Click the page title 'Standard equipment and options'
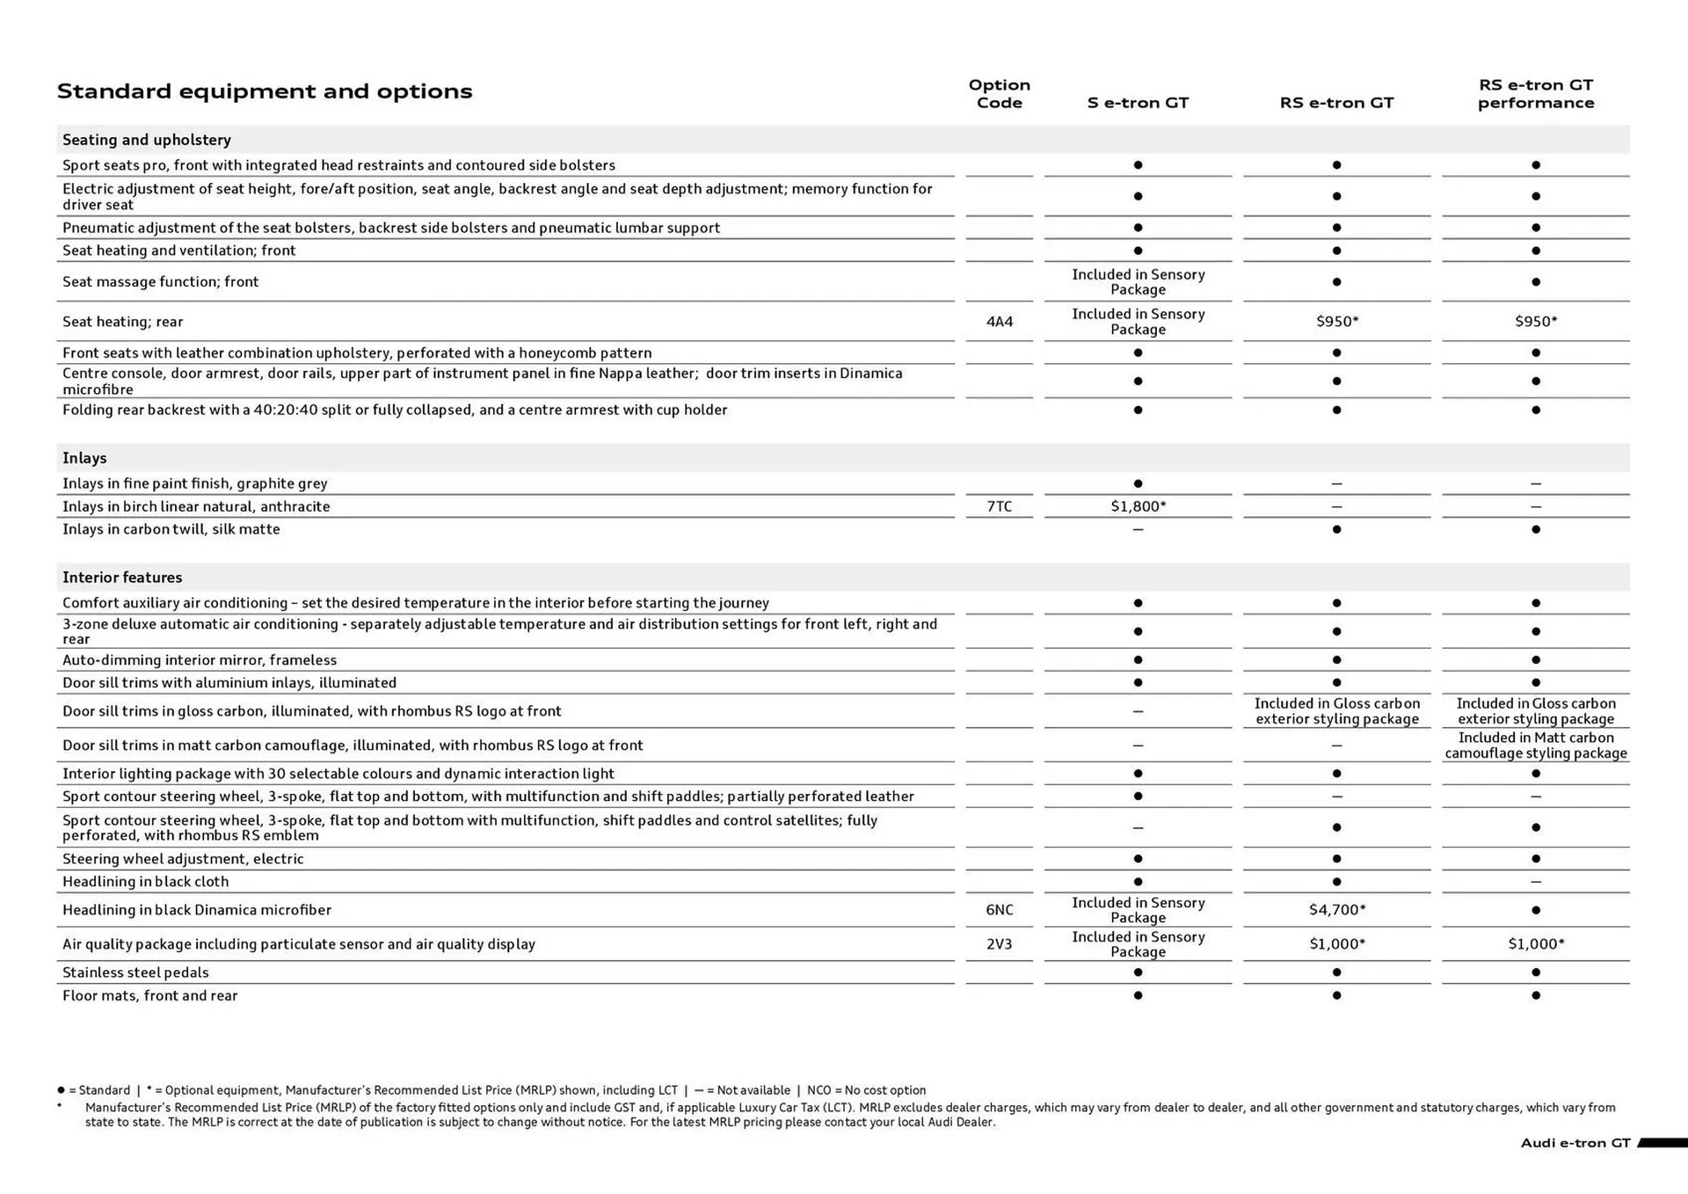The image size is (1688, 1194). tap(265, 91)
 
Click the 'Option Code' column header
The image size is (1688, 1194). tap(999, 94)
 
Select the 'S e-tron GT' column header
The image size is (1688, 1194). tap(1138, 103)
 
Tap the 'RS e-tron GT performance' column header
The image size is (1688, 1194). tap(1535, 94)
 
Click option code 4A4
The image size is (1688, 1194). tap(999, 322)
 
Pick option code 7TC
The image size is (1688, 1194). tap(999, 506)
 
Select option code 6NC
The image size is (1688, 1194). tap(999, 910)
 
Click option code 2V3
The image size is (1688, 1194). tap(999, 944)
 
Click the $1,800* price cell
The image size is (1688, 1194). tap(1138, 506)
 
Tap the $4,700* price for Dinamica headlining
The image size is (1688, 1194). tap(1336, 910)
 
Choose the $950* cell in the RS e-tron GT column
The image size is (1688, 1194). tap(1336, 322)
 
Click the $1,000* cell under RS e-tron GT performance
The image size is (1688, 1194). tap(1535, 944)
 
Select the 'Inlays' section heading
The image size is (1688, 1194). tap(84, 458)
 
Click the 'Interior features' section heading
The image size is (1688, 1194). tap(122, 578)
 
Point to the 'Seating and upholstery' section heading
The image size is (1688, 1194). tap(147, 140)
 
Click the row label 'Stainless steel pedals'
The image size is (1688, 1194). tap(135, 972)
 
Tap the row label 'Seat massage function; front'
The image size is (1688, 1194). tap(160, 282)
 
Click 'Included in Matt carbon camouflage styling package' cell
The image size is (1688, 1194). tap(1535, 746)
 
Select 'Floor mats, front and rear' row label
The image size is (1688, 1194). tap(149, 995)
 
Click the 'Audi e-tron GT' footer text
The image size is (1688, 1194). tap(1575, 1143)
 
